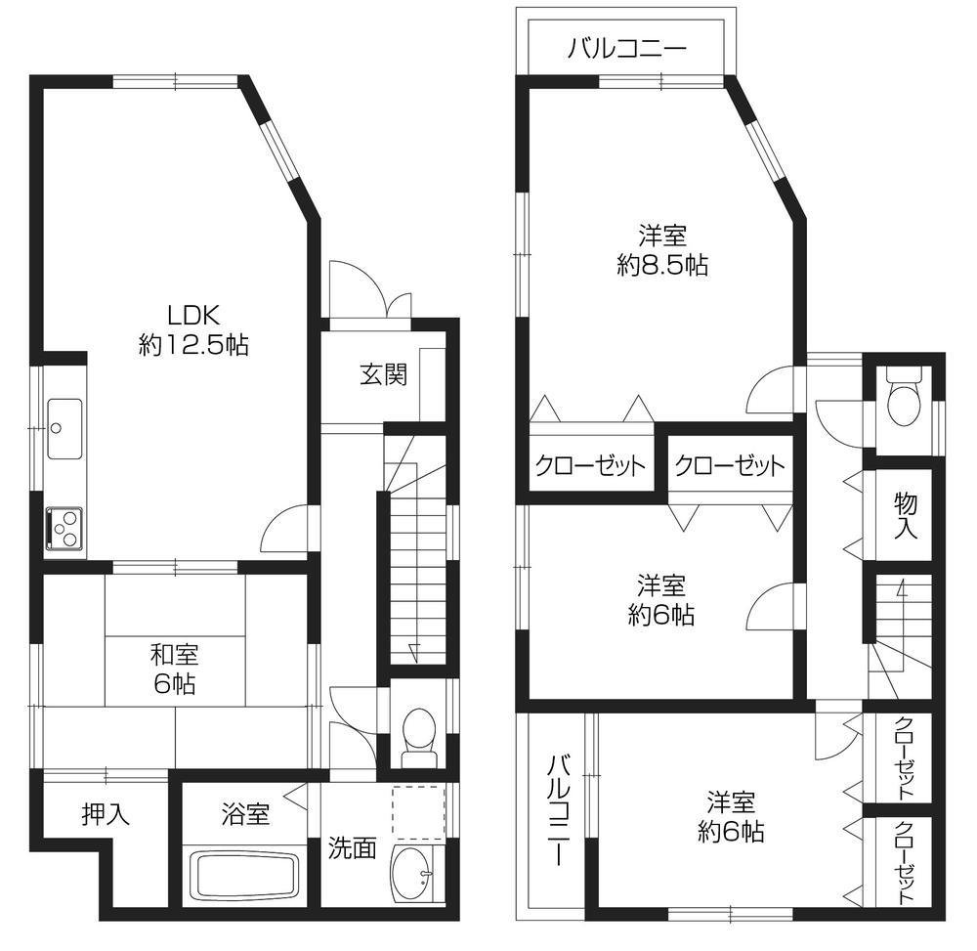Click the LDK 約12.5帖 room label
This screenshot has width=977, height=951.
pyautogui.click(x=192, y=329)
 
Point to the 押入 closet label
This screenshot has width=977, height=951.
pyautogui.click(x=106, y=814)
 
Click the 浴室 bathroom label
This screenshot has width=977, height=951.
pyautogui.click(x=245, y=814)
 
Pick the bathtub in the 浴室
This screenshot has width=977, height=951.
pyautogui.click(x=244, y=877)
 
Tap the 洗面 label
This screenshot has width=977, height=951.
pyautogui.click(x=352, y=846)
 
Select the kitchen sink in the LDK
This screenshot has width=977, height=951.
pyautogui.click(x=64, y=428)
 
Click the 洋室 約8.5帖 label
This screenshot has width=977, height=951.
pyautogui.click(x=662, y=249)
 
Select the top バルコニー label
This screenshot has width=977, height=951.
pyautogui.click(x=627, y=49)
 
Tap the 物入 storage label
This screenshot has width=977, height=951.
pyautogui.click(x=906, y=515)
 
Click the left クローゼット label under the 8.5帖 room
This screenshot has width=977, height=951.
pyautogui.click(x=590, y=465)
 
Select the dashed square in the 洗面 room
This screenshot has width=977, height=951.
pyautogui.click(x=418, y=810)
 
